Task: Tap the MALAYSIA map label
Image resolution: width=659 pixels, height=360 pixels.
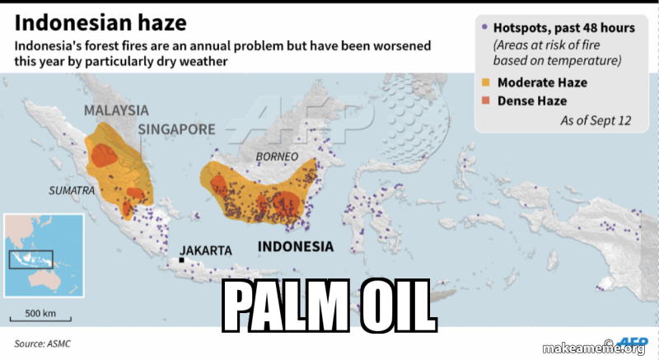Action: pyautogui.click(x=116, y=110)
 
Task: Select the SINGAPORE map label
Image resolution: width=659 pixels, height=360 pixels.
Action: pyautogui.click(x=176, y=129)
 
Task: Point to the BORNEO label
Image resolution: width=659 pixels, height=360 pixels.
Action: pyautogui.click(x=277, y=157)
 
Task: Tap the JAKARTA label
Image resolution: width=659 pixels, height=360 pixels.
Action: pyautogui.click(x=206, y=250)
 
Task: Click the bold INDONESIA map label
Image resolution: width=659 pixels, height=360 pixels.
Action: pyautogui.click(x=296, y=246)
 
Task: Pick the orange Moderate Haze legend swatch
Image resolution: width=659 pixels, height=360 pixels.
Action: pyautogui.click(x=485, y=82)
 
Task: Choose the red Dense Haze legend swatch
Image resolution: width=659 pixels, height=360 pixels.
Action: pyautogui.click(x=485, y=101)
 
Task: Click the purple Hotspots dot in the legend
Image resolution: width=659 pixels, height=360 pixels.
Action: pyautogui.click(x=484, y=27)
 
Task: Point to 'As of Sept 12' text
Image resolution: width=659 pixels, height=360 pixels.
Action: pyautogui.click(x=596, y=120)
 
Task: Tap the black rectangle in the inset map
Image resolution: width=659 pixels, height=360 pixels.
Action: pyautogui.click(x=30, y=259)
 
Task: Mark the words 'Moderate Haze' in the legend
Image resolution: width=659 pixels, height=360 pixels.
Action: pyautogui.click(x=542, y=82)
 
